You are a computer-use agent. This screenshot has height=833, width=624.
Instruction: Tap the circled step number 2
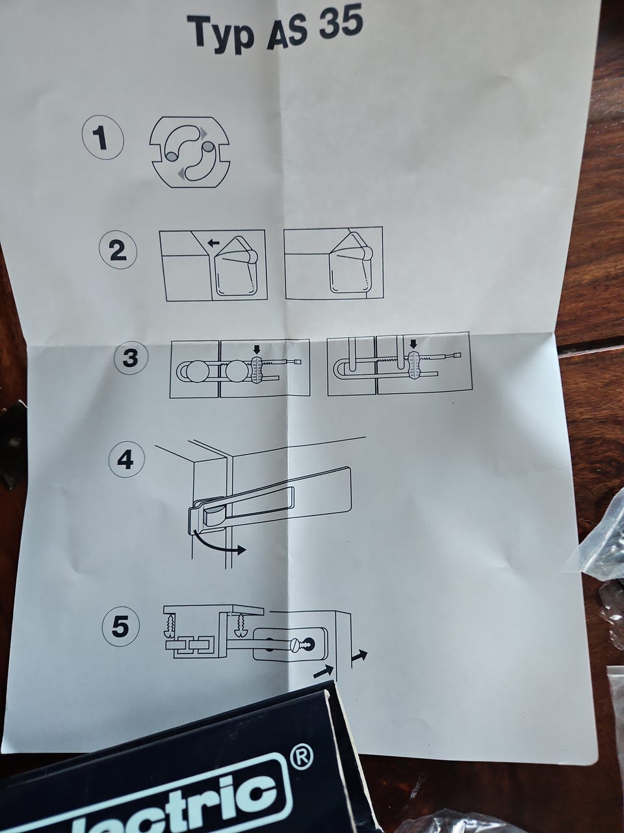point(118,251)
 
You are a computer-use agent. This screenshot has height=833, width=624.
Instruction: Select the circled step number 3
point(130,357)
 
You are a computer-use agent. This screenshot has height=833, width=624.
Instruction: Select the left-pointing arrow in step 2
point(213,243)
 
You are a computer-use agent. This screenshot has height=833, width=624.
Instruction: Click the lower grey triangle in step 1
point(183,173)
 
